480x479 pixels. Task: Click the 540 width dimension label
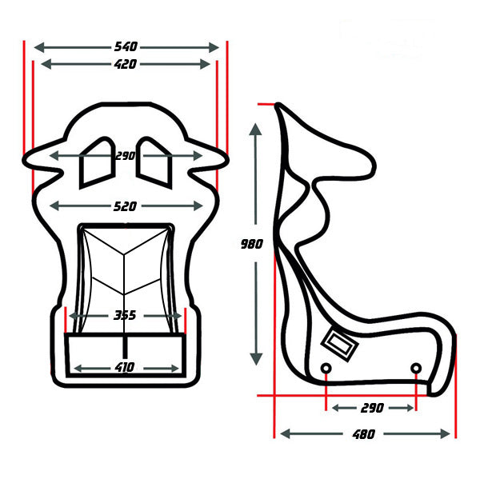pyautogui.click(x=126, y=46)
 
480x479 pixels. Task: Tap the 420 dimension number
pyautogui.click(x=126, y=64)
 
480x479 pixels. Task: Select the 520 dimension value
pyautogui.click(x=125, y=206)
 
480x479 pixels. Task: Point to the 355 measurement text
pyautogui.click(x=125, y=315)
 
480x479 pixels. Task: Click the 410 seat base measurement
pyautogui.click(x=125, y=367)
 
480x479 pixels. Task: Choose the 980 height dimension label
pyautogui.click(x=252, y=244)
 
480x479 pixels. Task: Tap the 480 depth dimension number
pyautogui.click(x=364, y=434)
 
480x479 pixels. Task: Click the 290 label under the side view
pyautogui.click(x=372, y=408)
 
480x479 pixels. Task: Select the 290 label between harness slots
pyautogui.click(x=126, y=156)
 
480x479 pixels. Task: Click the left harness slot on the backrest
pyautogui.click(x=97, y=162)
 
